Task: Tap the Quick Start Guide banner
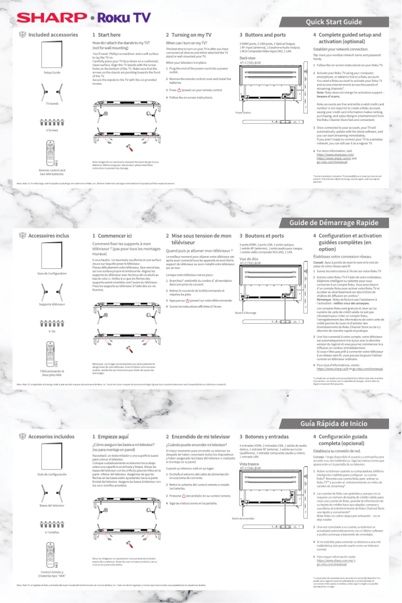click(x=334, y=22)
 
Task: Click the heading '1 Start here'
click(x=107, y=35)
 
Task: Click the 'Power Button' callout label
click(x=244, y=112)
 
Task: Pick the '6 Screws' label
click(x=52, y=130)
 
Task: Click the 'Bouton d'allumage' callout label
click(x=246, y=313)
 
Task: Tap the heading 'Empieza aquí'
click(x=110, y=436)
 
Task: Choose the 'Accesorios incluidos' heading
click(x=51, y=436)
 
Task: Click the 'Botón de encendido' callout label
click(x=243, y=518)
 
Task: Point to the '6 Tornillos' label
click(x=52, y=532)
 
